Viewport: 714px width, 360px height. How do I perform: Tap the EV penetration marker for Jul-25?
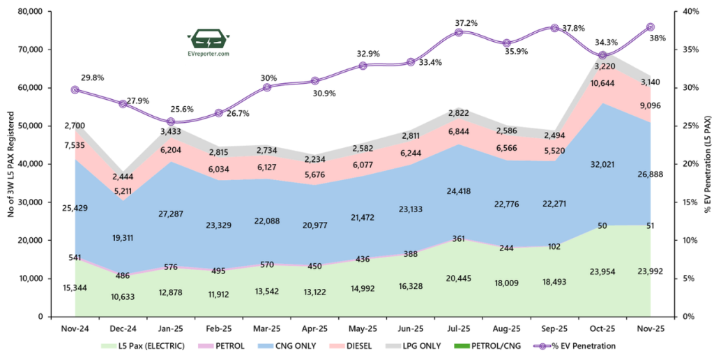coord(459,32)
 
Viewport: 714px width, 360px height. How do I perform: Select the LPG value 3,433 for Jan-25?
coord(171,131)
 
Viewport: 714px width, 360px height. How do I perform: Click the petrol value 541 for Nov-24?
coord(75,257)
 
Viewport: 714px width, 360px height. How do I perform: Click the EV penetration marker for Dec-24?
coord(123,104)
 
